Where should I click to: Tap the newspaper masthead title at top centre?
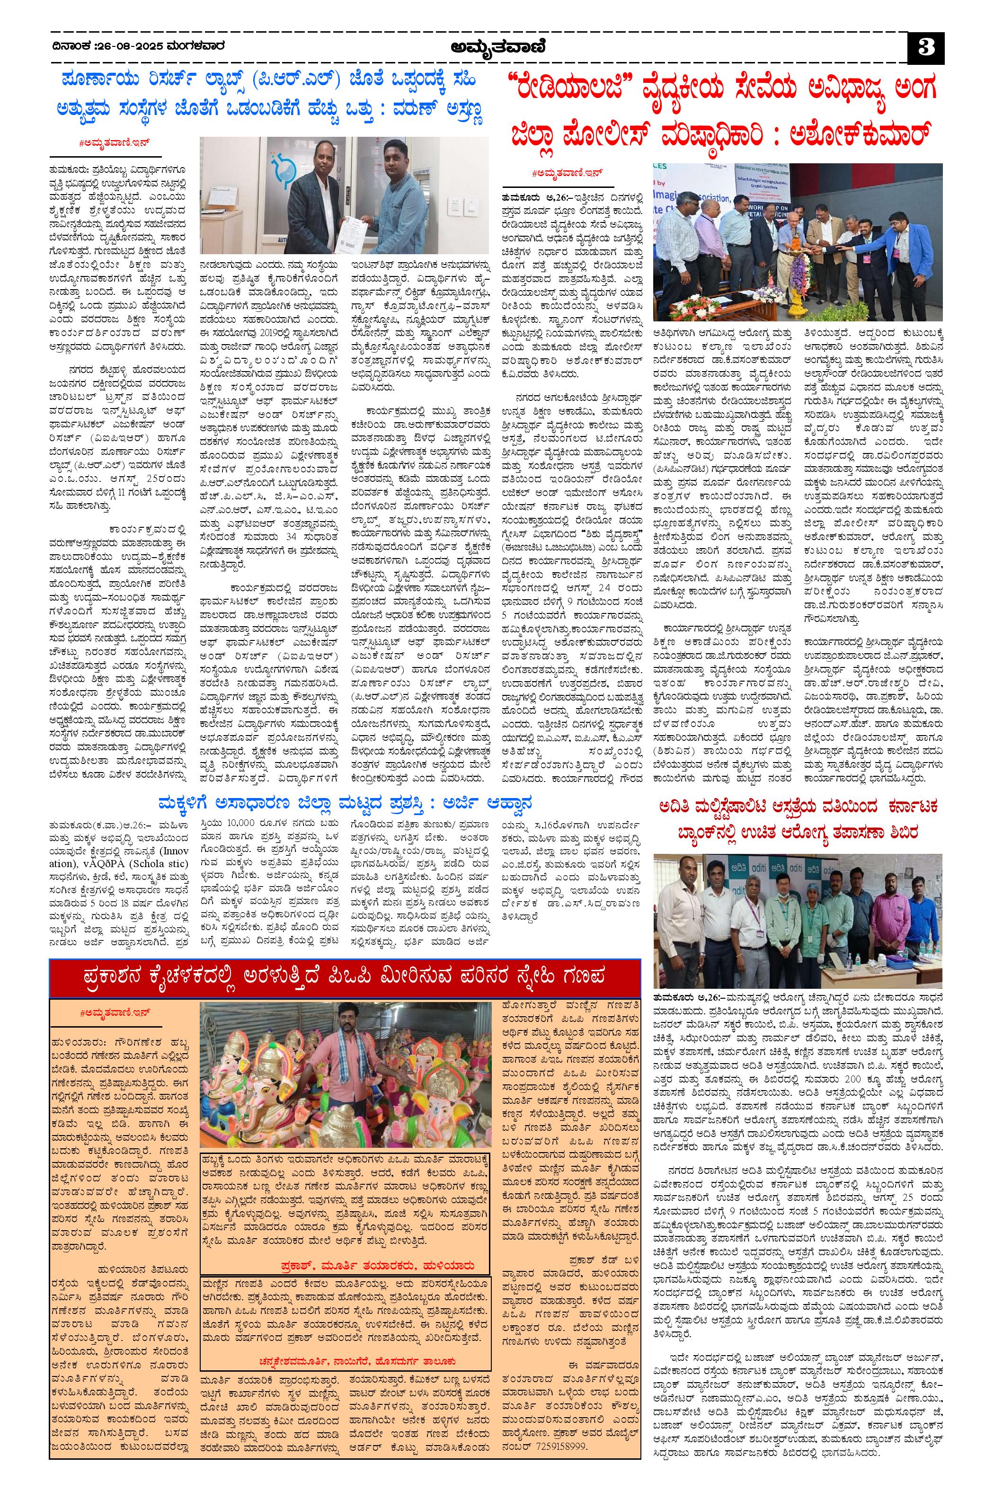point(497,47)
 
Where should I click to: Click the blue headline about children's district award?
point(346,804)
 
